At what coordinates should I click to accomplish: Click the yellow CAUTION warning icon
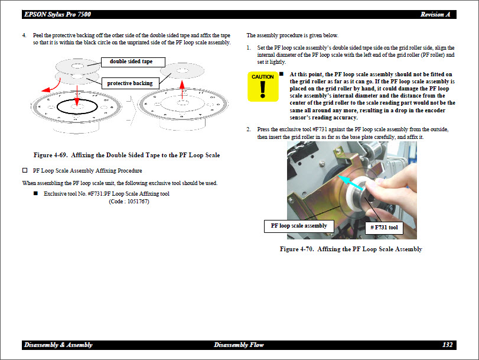262,86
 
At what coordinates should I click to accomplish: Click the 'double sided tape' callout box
131,61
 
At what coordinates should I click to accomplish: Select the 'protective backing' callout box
129,83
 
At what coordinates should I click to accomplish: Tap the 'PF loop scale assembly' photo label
298,226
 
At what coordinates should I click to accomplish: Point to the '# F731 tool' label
384,228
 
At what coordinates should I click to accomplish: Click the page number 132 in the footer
447,345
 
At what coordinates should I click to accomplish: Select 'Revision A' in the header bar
436,14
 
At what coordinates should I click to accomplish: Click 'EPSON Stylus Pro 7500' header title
57,14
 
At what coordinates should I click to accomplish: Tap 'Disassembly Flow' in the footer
239,345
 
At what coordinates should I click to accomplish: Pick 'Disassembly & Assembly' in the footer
58,345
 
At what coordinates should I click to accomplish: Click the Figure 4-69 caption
126,155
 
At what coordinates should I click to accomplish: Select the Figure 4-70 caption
350,249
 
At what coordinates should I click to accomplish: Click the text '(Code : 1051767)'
129,202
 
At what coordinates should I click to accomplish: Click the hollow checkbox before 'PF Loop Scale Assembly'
25,171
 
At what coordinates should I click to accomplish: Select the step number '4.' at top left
24,35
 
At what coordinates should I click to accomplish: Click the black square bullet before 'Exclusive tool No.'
35,193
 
